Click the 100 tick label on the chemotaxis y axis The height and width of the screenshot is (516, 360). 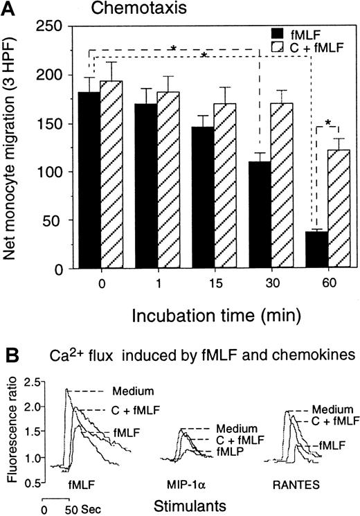click(x=58, y=172)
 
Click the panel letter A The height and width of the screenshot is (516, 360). click(x=10, y=8)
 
